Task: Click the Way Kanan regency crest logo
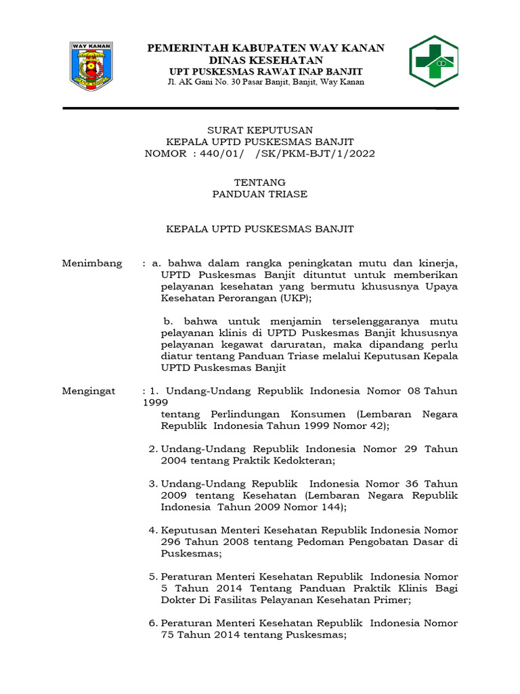tap(92, 66)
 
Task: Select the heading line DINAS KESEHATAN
tap(265, 60)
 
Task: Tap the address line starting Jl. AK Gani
tap(265, 82)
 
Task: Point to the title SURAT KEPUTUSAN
tap(259, 130)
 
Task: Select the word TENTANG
tap(259, 182)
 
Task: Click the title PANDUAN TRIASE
tap(259, 194)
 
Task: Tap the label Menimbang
tap(92, 263)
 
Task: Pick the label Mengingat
tap(89, 391)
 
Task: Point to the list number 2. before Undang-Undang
tap(153, 449)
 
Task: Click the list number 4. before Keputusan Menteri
tap(153, 530)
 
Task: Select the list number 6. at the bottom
tap(153, 623)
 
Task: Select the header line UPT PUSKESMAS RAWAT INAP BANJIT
tap(265, 72)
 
